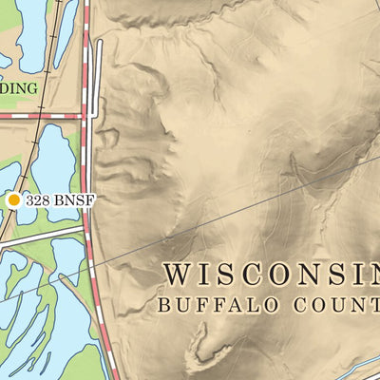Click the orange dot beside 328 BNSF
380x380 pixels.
click(x=14, y=200)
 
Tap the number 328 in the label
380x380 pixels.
click(x=38, y=200)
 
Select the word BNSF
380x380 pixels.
click(x=74, y=200)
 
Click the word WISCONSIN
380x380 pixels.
click(x=271, y=274)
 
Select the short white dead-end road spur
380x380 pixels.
click(x=98, y=71)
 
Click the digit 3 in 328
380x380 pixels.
click(x=30, y=200)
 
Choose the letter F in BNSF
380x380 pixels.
click(x=91, y=200)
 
